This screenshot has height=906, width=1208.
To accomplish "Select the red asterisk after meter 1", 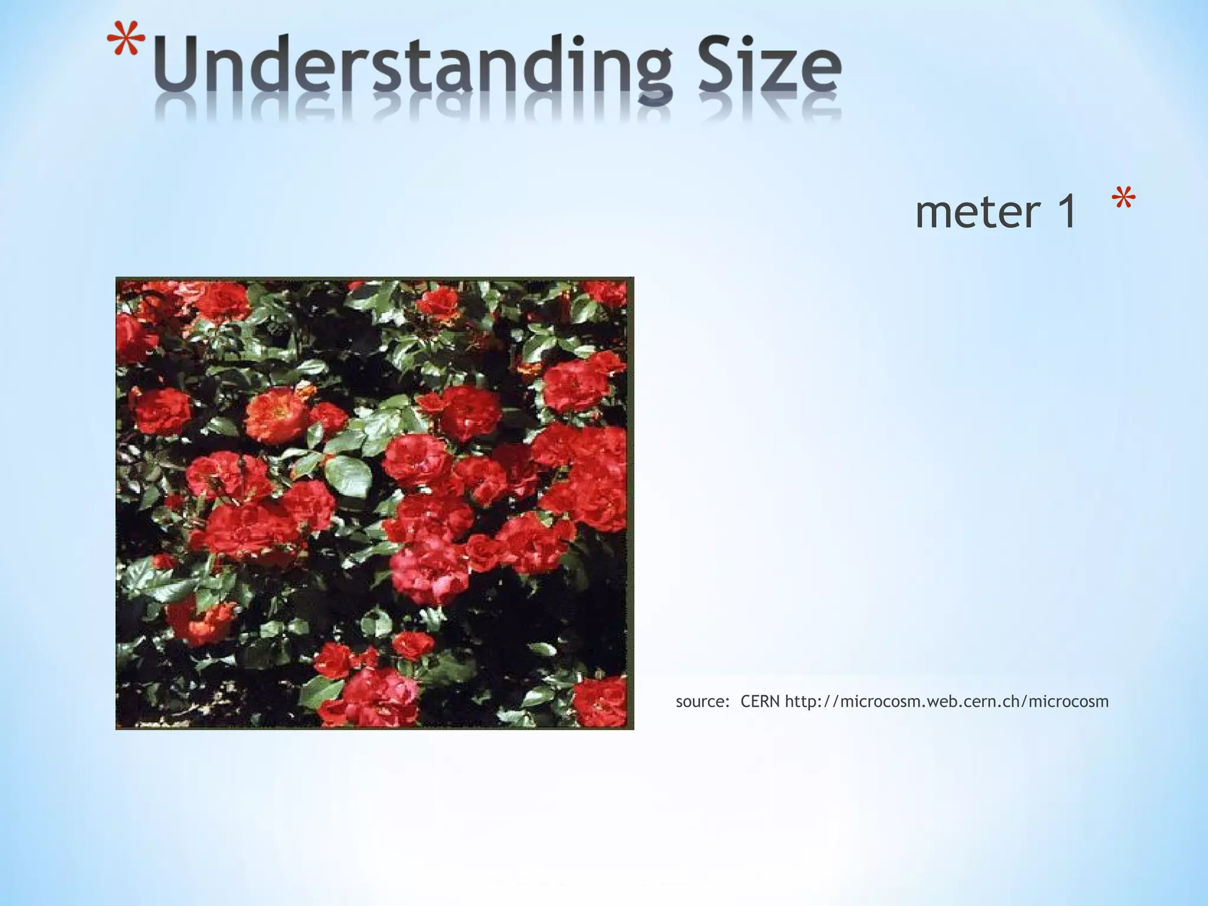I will [x=1123, y=200].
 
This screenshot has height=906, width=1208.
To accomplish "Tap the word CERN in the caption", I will [x=760, y=701].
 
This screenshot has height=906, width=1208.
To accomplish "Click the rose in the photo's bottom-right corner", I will [x=600, y=702].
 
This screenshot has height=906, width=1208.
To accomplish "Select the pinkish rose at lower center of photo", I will [x=429, y=569].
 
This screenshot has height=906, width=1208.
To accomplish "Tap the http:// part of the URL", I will [x=812, y=701].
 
